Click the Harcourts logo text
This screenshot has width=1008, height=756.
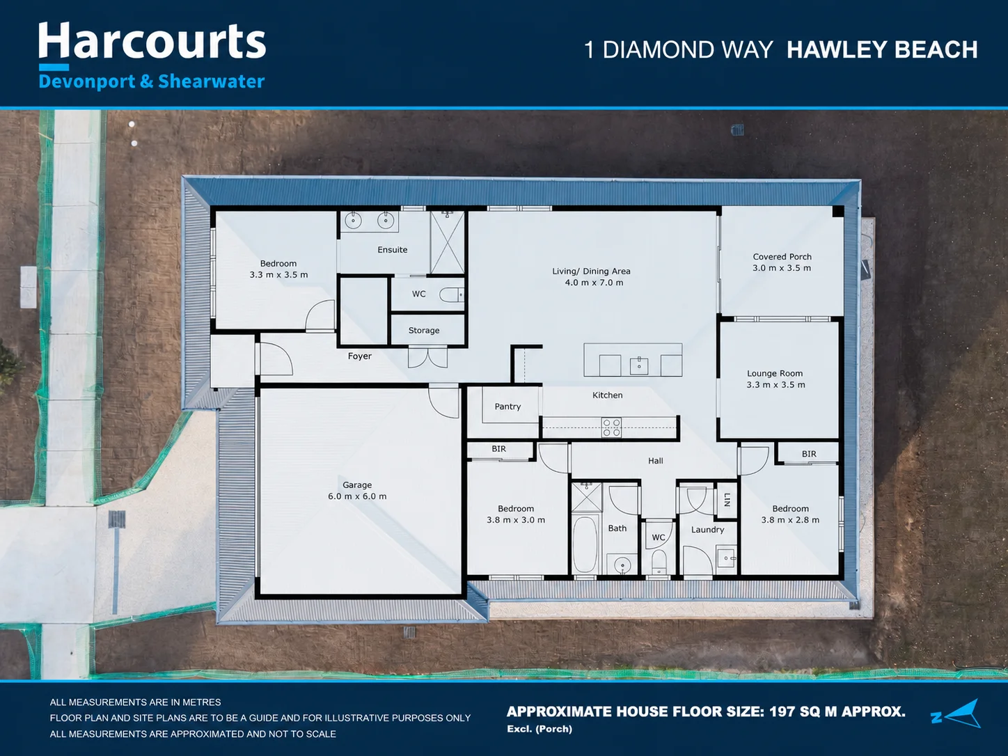point(152,41)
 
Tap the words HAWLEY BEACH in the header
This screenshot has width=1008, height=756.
point(882,50)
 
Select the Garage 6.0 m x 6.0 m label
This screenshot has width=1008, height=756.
point(357,491)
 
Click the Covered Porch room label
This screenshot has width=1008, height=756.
point(782,262)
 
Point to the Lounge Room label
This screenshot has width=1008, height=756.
point(775,379)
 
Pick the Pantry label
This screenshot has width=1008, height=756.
point(507,407)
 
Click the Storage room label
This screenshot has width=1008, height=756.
point(424,331)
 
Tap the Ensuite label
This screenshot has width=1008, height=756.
point(392,250)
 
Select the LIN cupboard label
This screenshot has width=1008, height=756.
point(727,499)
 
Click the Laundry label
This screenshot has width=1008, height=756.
point(708,530)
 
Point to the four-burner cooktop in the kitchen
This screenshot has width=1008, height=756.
point(612,427)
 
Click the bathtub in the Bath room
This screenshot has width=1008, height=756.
point(585,544)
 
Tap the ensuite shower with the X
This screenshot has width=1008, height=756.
point(448,243)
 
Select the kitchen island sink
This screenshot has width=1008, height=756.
point(639,366)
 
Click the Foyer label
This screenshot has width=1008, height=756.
point(360,356)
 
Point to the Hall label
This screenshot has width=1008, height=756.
point(655,461)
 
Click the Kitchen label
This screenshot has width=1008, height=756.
point(607,395)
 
